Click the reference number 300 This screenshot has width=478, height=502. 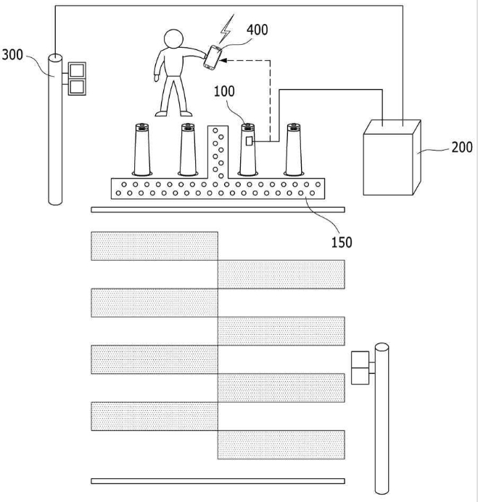(x=12, y=55)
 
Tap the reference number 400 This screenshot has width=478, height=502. (x=257, y=30)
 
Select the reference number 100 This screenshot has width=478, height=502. (x=224, y=91)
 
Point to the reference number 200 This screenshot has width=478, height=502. (x=462, y=147)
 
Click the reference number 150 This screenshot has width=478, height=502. (x=342, y=243)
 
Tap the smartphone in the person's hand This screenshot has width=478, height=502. (x=213, y=58)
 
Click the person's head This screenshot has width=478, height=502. (x=173, y=39)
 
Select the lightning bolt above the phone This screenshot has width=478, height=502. (x=226, y=29)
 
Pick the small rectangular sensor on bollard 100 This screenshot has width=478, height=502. (x=249, y=141)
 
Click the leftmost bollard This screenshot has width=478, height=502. (x=142, y=149)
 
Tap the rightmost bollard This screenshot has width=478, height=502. (x=294, y=149)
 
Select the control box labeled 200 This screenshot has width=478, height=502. (x=392, y=157)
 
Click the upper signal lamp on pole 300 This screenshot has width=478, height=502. (x=77, y=70)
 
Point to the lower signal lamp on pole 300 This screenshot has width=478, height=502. (x=77, y=87)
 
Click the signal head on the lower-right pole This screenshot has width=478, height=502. (x=360, y=368)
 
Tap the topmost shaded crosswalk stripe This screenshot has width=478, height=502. (x=154, y=246)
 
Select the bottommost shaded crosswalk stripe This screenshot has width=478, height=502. (x=281, y=445)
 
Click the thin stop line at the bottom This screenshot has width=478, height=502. (x=218, y=481)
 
